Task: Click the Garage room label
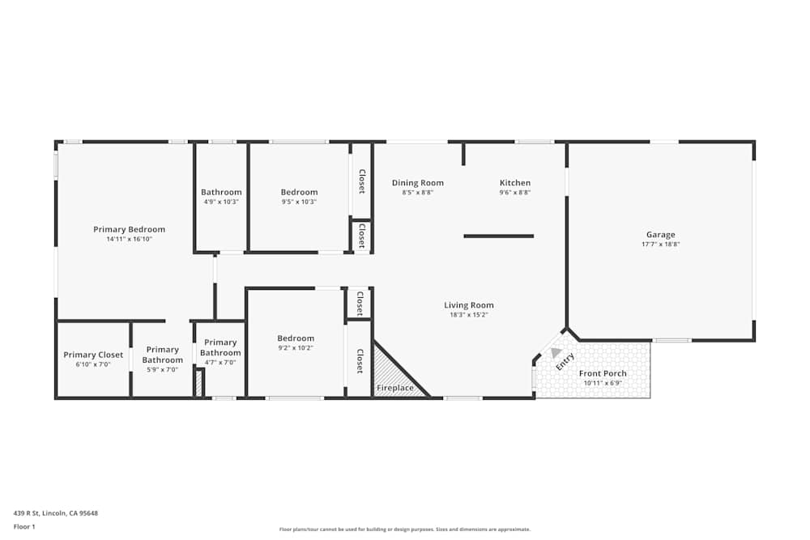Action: pyautogui.click(x=660, y=235)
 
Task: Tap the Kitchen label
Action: pyautogui.click(x=514, y=183)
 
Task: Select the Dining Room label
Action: pyautogui.click(x=417, y=183)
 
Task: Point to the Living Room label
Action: pyautogui.click(x=468, y=305)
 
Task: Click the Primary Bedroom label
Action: pyautogui.click(x=129, y=230)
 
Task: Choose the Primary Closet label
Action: pyautogui.click(x=93, y=355)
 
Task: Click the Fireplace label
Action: pyautogui.click(x=394, y=389)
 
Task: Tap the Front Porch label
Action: pyautogui.click(x=603, y=373)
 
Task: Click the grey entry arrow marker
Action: pyautogui.click(x=556, y=352)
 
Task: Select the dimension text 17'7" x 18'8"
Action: pyautogui.click(x=660, y=244)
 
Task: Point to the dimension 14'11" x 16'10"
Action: pyautogui.click(x=129, y=239)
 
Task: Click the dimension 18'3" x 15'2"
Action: pyautogui.click(x=468, y=314)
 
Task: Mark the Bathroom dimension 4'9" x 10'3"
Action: pyautogui.click(x=221, y=202)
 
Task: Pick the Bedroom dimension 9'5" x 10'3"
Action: pyautogui.click(x=299, y=202)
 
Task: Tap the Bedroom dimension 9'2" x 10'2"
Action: pyautogui.click(x=295, y=348)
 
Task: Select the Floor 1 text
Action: pyautogui.click(x=24, y=526)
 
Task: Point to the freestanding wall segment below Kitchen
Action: pyautogui.click(x=498, y=236)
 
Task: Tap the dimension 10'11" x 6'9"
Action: pyautogui.click(x=603, y=382)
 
